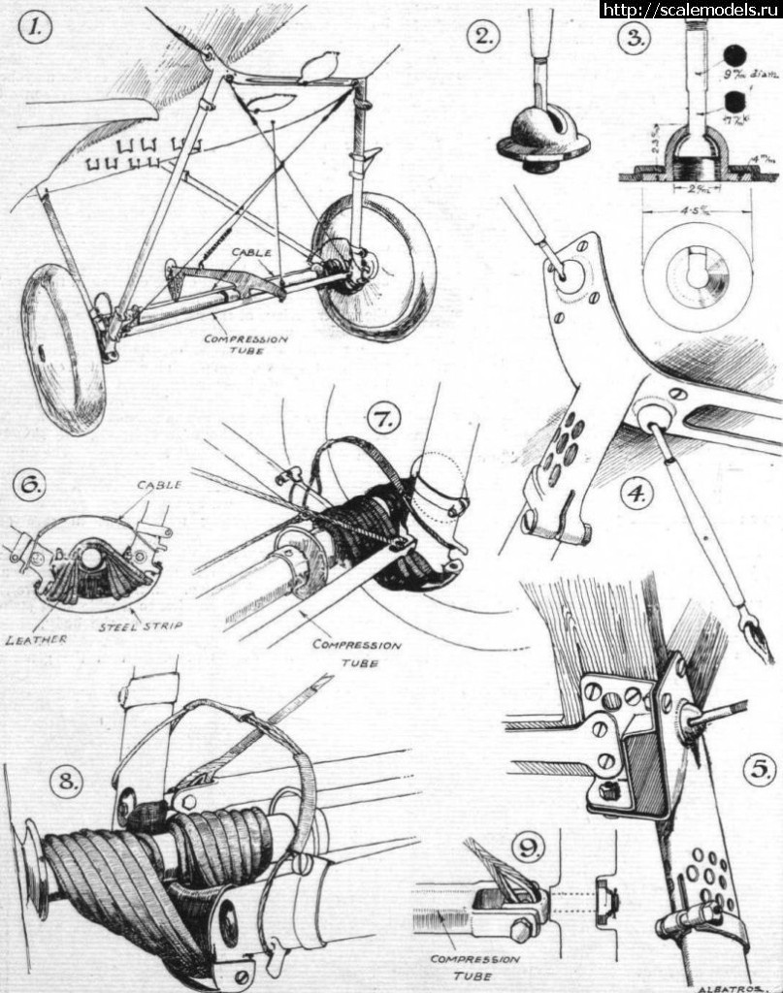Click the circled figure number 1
[37, 29]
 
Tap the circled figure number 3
[636, 38]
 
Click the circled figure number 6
[27, 484]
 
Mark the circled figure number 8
[65, 782]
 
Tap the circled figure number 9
[527, 849]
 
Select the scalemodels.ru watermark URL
[689, 10]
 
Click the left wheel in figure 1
[62, 348]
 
